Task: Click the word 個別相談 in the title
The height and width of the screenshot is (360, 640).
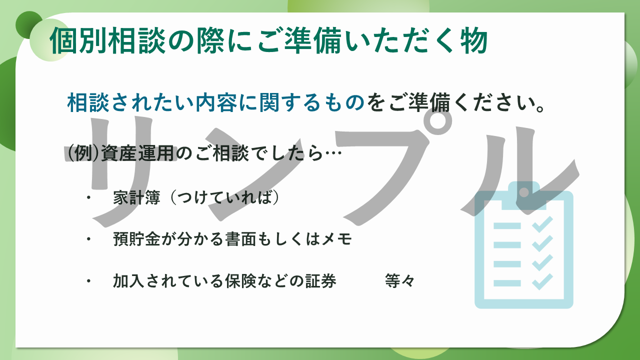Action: tap(107, 40)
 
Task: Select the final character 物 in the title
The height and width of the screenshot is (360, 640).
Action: tap(473, 40)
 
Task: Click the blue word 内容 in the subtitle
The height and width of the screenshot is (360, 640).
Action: tap(216, 102)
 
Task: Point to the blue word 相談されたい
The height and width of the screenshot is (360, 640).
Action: tap(131, 102)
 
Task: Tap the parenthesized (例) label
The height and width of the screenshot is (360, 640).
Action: tap(83, 153)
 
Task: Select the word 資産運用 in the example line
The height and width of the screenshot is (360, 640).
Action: tap(137, 153)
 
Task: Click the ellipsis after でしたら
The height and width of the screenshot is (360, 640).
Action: tap(333, 153)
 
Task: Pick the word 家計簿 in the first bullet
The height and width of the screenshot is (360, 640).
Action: tap(136, 197)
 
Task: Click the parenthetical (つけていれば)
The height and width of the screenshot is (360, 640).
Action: tap(224, 197)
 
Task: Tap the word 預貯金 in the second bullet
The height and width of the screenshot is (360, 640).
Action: tap(136, 239)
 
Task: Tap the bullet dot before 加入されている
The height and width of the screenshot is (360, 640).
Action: tap(89, 281)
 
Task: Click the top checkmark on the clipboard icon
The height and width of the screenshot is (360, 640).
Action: tap(542, 224)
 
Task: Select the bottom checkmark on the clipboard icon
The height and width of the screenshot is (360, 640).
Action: tap(542, 281)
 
